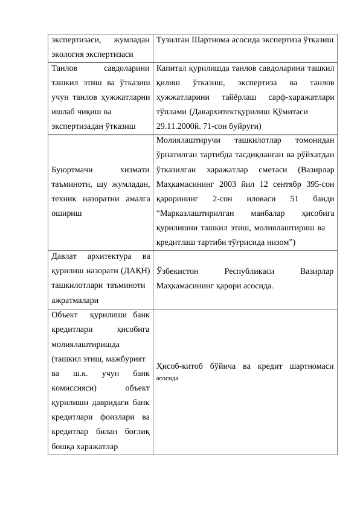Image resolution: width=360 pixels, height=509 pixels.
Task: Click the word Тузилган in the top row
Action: pyautogui.click(x=172, y=41)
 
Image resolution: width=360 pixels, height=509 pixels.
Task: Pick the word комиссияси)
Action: pyautogui.click(x=74, y=389)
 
